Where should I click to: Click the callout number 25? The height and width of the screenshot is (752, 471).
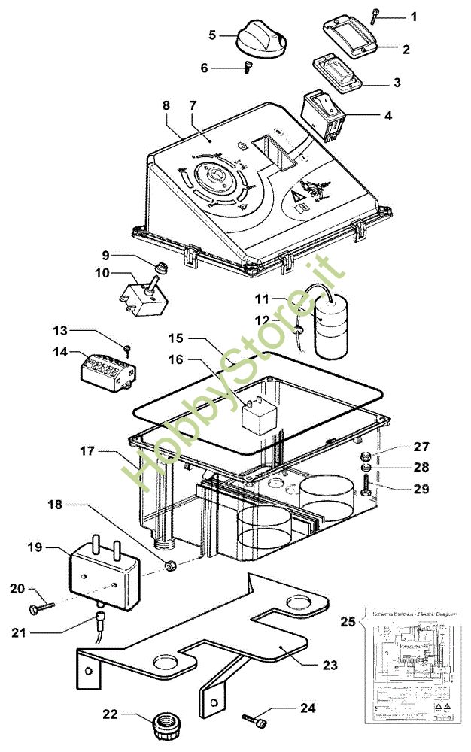point(347,621)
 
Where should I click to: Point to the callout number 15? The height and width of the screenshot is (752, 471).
point(175,339)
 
